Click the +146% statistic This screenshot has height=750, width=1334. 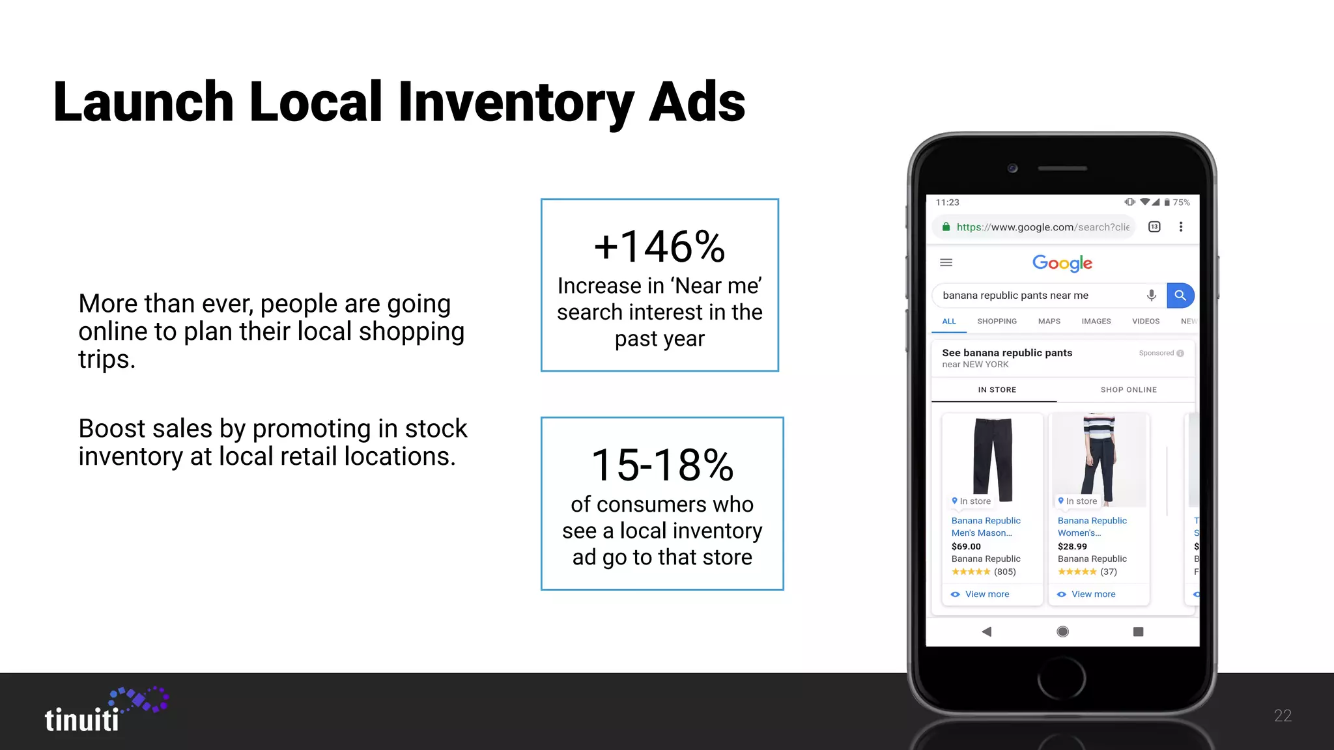point(659,247)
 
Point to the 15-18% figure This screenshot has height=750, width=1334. point(662,465)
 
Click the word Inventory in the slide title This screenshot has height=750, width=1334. point(515,103)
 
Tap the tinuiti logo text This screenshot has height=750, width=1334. point(82,720)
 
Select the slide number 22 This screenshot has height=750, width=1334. point(1283,715)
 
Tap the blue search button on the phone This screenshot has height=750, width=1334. point(1180,295)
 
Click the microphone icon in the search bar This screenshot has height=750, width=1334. point(1151,295)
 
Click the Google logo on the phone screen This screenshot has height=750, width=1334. point(1062,263)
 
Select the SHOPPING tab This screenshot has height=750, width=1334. point(997,322)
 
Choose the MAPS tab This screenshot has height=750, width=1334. point(1049,322)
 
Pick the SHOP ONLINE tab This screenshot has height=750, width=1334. point(1128,390)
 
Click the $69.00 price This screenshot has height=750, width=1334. point(966,547)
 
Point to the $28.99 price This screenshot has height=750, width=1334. point(1072,547)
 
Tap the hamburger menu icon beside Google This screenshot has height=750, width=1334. point(946,262)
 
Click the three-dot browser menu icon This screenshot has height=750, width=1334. point(1180,227)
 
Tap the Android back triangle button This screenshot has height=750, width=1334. point(987,632)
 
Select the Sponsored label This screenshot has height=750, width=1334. point(1156,353)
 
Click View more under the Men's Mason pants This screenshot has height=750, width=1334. point(987,594)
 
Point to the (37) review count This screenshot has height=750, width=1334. point(1108,572)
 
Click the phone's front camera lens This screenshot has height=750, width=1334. point(1012,168)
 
